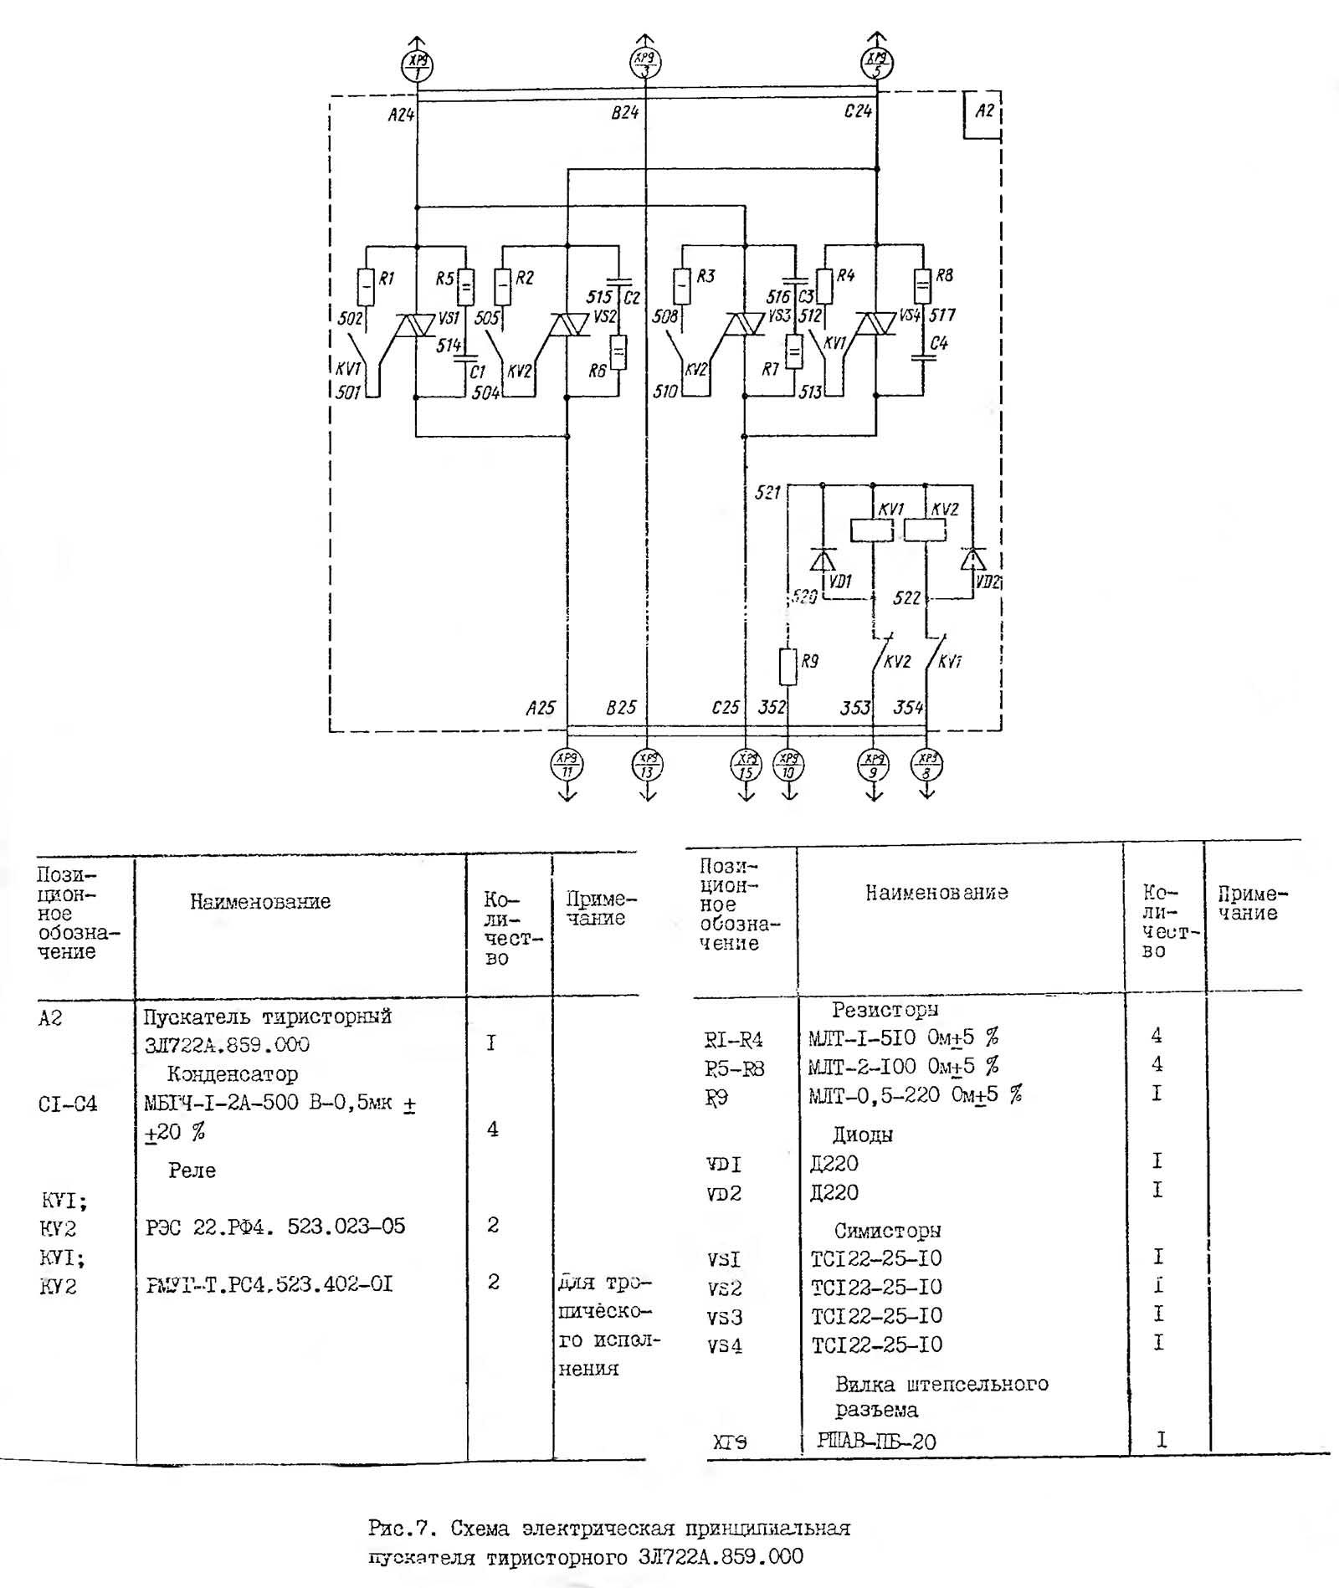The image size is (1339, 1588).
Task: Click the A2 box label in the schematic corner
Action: (984, 111)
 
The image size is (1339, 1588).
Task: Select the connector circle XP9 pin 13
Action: (647, 765)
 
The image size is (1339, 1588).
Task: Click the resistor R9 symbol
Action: (787, 667)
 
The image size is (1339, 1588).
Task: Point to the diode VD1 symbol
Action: (823, 560)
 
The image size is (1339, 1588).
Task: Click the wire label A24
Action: (401, 114)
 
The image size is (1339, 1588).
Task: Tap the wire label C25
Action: (725, 708)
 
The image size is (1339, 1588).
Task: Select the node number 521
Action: (767, 492)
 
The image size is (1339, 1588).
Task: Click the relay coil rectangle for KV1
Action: (872, 530)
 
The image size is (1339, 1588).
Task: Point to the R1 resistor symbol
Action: (366, 287)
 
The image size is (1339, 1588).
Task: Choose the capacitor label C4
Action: (938, 343)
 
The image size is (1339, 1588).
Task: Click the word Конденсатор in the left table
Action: (232, 1073)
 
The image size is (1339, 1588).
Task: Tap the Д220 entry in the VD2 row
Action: (834, 1192)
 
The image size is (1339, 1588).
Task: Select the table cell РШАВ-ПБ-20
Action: (876, 1440)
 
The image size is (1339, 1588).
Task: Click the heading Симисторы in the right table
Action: (887, 1230)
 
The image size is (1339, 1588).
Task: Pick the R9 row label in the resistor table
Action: (716, 1097)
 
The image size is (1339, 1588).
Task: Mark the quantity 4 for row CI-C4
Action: (492, 1129)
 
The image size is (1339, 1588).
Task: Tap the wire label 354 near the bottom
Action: (908, 708)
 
